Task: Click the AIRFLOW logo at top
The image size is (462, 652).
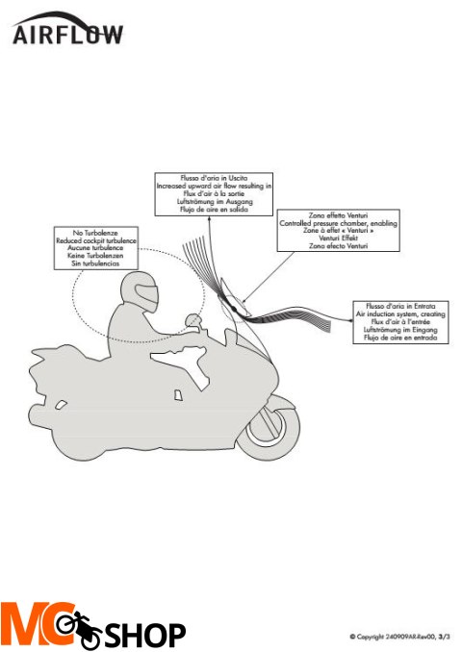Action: pyautogui.click(x=67, y=33)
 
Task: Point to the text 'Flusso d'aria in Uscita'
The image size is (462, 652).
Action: pyautogui.click(x=214, y=176)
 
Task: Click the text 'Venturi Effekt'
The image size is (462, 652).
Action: pyautogui.click(x=323, y=239)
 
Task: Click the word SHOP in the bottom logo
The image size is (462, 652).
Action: pyautogui.click(x=145, y=635)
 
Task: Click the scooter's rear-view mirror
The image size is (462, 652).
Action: pyautogui.click(x=192, y=320)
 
